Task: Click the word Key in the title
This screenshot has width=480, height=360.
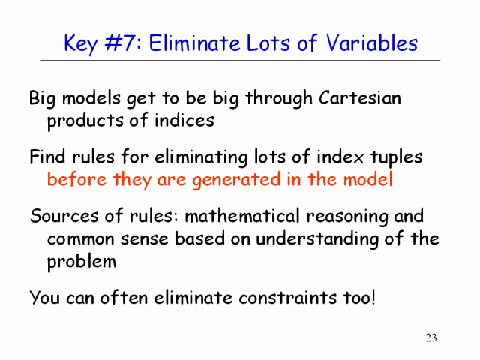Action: [81, 43]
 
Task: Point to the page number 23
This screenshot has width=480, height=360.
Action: [431, 337]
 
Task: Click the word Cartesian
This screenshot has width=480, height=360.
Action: [360, 98]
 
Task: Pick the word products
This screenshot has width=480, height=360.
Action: [85, 121]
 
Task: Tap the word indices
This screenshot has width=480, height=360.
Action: [184, 120]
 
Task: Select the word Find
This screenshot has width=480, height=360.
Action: [47, 157]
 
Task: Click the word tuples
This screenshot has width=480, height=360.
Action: [397, 157]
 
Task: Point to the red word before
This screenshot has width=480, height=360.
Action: [76, 179]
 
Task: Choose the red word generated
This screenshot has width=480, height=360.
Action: [236, 180]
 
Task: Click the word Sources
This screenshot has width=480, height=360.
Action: [64, 216]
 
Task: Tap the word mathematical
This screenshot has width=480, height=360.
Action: [241, 216]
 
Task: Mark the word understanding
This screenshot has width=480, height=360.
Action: [317, 238]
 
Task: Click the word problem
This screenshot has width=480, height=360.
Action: [82, 262]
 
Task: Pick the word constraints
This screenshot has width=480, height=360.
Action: [287, 297]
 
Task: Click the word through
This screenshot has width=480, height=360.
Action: [279, 99]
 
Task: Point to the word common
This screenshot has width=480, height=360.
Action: [81, 239]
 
